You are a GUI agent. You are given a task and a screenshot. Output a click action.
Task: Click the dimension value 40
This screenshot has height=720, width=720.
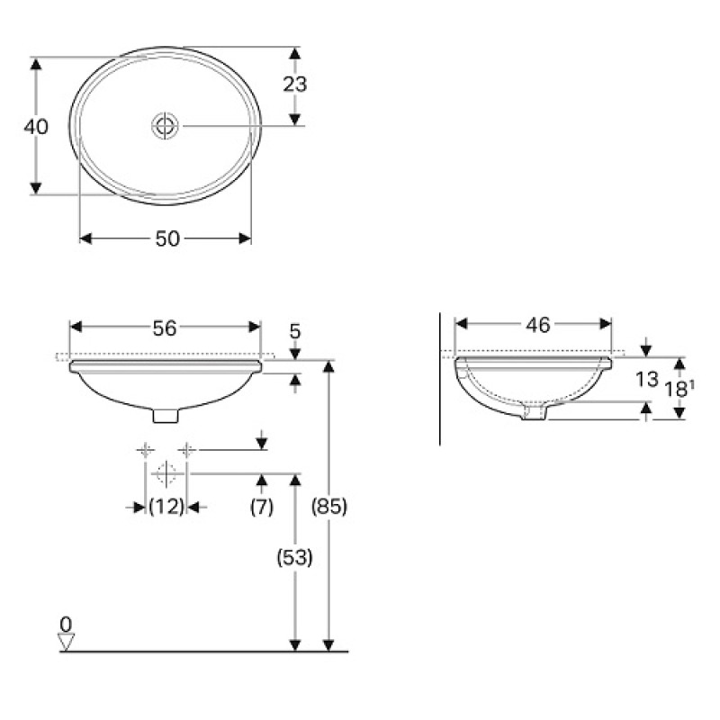36,127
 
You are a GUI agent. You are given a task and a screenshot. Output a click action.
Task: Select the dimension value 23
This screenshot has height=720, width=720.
294,85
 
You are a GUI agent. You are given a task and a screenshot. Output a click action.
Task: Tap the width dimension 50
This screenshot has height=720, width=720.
167,238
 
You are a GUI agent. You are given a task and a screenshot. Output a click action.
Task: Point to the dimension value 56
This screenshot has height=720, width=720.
164,328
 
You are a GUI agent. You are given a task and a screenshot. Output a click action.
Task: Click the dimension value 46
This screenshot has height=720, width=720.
537,325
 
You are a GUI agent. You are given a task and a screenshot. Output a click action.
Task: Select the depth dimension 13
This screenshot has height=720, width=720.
646,379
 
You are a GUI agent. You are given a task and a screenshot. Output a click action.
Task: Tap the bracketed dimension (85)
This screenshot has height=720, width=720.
329,506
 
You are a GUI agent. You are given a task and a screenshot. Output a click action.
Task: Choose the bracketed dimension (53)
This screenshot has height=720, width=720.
293,558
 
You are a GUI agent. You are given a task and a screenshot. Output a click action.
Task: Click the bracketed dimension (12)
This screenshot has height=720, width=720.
166,508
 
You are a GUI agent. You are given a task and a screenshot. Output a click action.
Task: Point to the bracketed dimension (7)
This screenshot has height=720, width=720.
261,508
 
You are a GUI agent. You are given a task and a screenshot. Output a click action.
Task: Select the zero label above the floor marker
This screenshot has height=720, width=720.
65,623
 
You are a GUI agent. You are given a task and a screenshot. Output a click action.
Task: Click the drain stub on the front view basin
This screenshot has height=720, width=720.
166,415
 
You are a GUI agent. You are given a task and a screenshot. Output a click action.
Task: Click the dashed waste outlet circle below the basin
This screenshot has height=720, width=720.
166,472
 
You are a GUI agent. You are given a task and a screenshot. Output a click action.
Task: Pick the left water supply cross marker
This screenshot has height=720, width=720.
145,450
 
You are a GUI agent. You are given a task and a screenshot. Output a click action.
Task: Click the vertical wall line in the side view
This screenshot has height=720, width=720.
439,378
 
